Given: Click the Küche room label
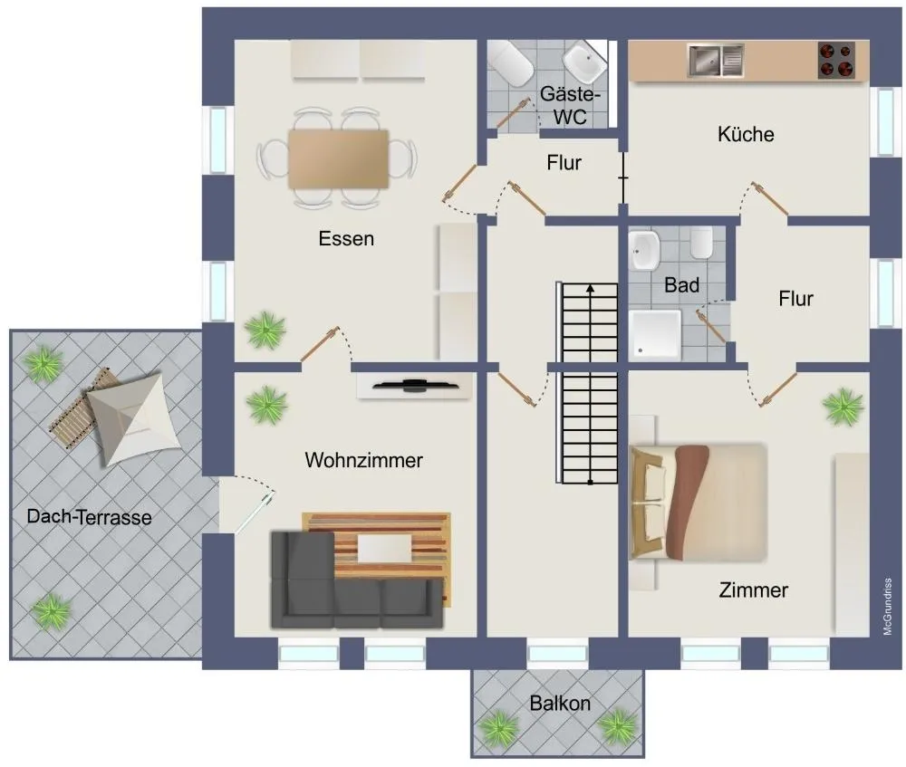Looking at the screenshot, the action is (x=746, y=134).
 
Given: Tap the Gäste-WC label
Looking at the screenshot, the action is (x=570, y=105).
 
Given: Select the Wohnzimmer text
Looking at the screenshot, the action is (x=363, y=460).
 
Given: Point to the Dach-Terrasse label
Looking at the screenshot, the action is (x=89, y=516).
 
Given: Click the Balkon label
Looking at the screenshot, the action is (x=560, y=703).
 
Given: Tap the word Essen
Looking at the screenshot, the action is (x=346, y=238).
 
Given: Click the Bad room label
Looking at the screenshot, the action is (x=682, y=284).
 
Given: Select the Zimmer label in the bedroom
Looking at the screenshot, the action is (x=753, y=590).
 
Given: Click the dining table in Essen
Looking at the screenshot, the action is (x=339, y=158).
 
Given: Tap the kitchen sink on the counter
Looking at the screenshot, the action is (x=716, y=61).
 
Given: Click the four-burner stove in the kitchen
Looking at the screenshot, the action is (x=836, y=60).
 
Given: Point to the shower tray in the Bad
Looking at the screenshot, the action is (x=655, y=335).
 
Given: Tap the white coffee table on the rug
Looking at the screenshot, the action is (x=384, y=549).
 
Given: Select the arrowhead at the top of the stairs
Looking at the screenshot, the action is (x=590, y=288).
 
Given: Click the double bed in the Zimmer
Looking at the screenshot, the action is (x=698, y=503).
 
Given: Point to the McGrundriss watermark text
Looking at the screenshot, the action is (x=888, y=607).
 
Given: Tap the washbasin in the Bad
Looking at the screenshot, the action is (x=644, y=251).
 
